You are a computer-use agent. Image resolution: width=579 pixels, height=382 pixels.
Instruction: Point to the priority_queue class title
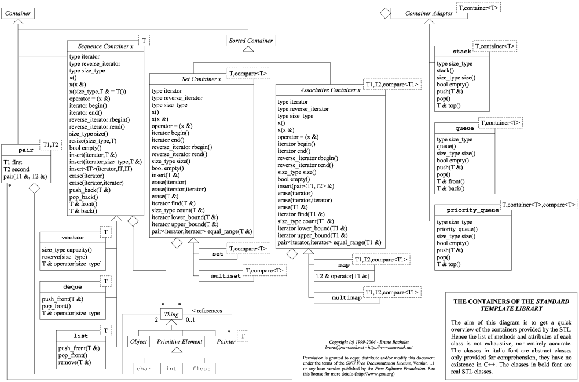[x=468, y=210]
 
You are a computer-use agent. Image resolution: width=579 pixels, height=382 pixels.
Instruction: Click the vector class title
[x=72, y=238]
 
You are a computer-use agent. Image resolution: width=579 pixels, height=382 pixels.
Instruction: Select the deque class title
[x=72, y=286]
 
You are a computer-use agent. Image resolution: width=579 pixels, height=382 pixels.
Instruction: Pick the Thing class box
[x=171, y=314]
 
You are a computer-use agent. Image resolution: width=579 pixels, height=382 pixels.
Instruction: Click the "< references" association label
[x=206, y=311]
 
